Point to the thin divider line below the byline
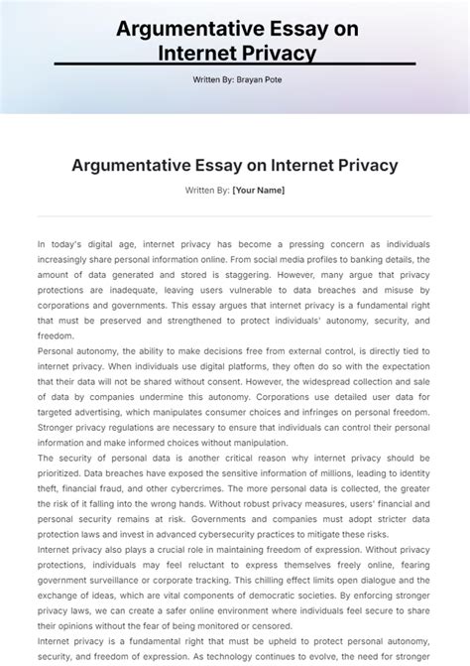(x=235, y=213)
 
